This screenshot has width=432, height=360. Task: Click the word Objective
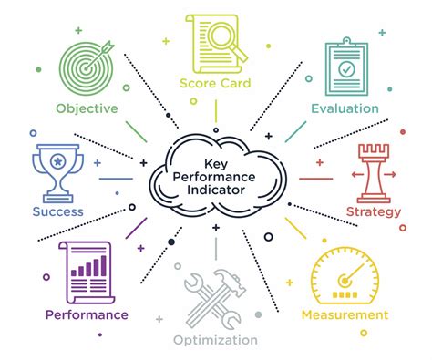[86, 108]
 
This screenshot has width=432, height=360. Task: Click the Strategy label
[374, 212]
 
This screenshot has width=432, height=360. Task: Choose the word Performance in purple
[87, 315]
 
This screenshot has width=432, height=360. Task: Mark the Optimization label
[217, 340]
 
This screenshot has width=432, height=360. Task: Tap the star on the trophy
[57, 161]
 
